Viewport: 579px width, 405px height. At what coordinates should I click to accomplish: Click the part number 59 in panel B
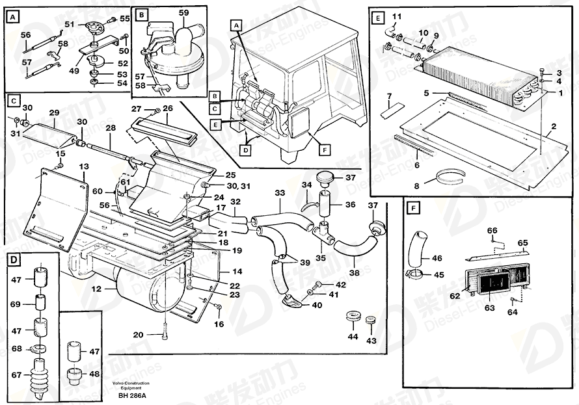[x=183, y=13]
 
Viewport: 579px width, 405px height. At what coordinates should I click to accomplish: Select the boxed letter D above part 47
[x=14, y=261]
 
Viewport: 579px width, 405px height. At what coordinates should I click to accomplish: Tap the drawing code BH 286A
[x=132, y=396]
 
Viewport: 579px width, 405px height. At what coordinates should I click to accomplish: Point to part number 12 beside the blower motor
[x=96, y=289]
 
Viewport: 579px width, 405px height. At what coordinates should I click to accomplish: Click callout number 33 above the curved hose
[x=280, y=193]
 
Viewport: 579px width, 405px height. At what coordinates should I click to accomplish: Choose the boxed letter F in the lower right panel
[x=413, y=209]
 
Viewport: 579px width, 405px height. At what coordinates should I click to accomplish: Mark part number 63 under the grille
[x=490, y=307]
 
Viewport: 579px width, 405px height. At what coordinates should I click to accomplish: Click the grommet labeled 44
[x=354, y=317]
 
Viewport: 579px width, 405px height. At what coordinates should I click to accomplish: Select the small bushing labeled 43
[x=370, y=320]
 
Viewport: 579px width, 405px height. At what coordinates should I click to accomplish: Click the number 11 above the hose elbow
[x=397, y=17]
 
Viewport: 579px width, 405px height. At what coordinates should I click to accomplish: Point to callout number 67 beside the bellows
[x=16, y=375]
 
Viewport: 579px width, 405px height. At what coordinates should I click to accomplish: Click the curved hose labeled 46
[x=417, y=250]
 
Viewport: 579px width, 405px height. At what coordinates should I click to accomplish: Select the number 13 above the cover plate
[x=84, y=166]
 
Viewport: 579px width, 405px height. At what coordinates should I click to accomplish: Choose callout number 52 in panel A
[x=122, y=64]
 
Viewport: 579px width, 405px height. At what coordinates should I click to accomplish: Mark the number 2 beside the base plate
[x=554, y=127]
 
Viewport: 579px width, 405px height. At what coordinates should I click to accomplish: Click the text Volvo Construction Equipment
[x=131, y=385]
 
